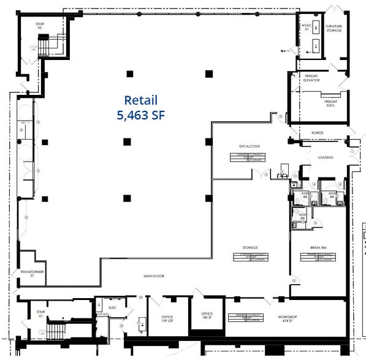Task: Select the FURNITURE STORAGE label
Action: pyautogui.click(x=334, y=28)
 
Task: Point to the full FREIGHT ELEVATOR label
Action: pyautogui.click(x=311, y=78)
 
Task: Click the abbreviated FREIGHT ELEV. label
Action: pyautogui.click(x=332, y=103)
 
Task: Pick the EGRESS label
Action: pyautogui.click(x=317, y=132)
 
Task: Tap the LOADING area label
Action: pyautogui.click(x=326, y=157)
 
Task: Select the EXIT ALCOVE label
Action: pyautogui.click(x=250, y=146)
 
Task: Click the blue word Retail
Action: pyautogui.click(x=141, y=100)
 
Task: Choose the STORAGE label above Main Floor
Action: pyautogui.click(x=249, y=247)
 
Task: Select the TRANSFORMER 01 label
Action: pyautogui.click(x=31, y=272)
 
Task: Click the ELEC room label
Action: pyautogui.click(x=112, y=307)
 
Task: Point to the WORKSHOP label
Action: pyautogui.click(x=288, y=317)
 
